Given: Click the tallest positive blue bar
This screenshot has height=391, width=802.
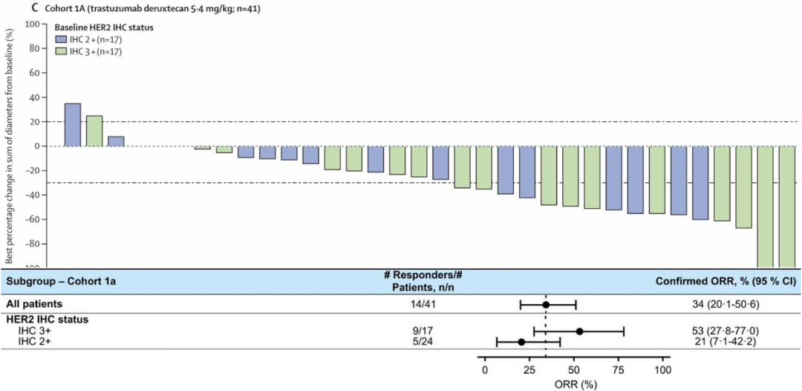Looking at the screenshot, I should tap(73, 125).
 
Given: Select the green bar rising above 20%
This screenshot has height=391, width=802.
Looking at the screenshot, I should tap(94, 131).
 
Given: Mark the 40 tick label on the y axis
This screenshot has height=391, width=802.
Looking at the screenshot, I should tap(33, 97).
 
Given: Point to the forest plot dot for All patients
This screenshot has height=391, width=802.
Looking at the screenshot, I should tap(546, 305).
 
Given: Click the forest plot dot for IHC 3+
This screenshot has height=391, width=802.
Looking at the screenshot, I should tap(579, 332).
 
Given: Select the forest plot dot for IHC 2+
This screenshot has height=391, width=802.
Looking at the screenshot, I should tap(521, 342).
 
